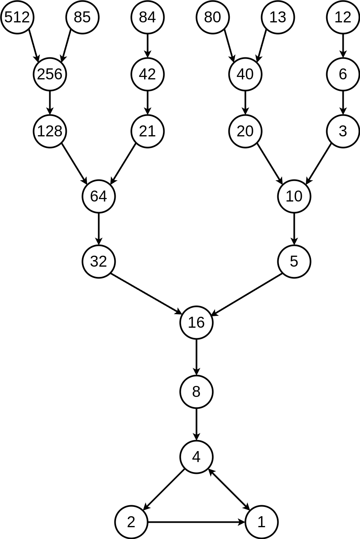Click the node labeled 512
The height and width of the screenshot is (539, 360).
pos(17,17)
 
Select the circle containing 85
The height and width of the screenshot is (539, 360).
pos(82,17)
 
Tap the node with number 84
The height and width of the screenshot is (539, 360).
pos(147,17)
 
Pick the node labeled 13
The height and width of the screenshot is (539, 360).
pos(278,17)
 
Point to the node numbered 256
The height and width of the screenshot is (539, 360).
pos(50,74)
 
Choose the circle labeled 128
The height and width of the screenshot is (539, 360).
pos(50,131)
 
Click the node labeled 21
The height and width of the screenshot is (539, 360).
pos(147,131)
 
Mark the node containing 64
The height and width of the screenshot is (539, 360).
pos(99,196)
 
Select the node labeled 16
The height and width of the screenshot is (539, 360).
pos(196,322)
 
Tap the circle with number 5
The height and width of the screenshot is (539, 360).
pos(294,261)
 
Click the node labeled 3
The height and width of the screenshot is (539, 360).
pos(343,131)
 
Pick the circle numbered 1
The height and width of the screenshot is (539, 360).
pos(261,522)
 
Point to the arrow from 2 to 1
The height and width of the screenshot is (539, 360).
pos(196,522)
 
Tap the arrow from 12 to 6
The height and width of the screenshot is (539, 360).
pos(343,46)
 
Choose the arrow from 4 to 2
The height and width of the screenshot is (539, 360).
pos(164,489)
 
